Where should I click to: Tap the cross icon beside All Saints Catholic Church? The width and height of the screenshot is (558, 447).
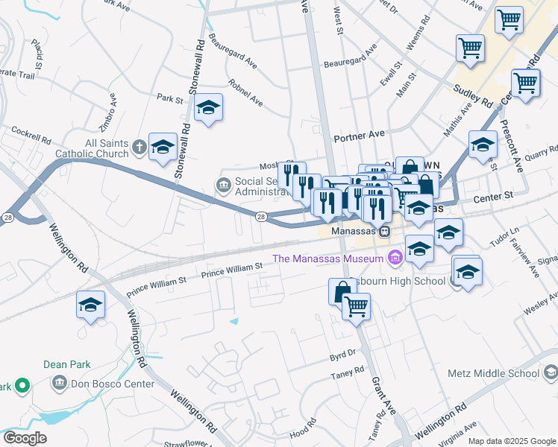pyautogui.click(x=139, y=148)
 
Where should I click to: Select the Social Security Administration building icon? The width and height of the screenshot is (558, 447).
pyautogui.click(x=223, y=184)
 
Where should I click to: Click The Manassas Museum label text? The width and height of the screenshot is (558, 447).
pyautogui.click(x=327, y=259)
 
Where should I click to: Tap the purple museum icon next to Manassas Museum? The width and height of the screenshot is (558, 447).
pyautogui.click(x=394, y=259)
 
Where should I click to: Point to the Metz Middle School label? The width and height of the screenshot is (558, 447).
pyautogui.click(x=503, y=373)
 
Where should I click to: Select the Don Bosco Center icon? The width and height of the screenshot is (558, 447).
pyautogui.click(x=60, y=384)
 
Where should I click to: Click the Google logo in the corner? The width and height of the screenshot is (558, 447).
pyautogui.click(x=25, y=438)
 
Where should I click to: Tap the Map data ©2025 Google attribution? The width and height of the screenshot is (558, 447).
pyautogui.click(x=511, y=441)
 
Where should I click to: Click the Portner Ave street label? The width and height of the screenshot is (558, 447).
pyautogui.click(x=359, y=134)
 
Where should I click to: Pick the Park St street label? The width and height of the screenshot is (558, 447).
pyautogui.click(x=170, y=98)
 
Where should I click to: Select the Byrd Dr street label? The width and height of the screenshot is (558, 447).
pyautogui.click(x=342, y=355)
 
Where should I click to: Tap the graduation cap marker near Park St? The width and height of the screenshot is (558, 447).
pyautogui.click(x=209, y=108)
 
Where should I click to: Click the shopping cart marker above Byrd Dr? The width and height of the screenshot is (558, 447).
pyautogui.click(x=357, y=305)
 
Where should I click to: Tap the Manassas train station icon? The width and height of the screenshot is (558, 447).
pyautogui.click(x=384, y=232)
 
